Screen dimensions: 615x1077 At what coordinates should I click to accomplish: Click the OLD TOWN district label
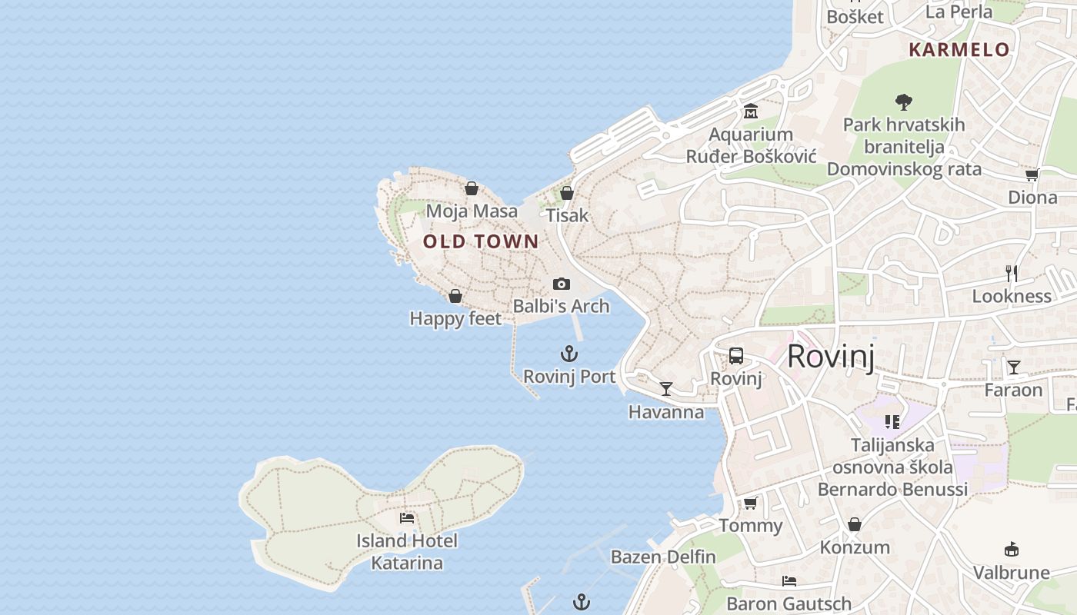tap(481, 241)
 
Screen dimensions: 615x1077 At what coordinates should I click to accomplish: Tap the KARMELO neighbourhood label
tap(959, 50)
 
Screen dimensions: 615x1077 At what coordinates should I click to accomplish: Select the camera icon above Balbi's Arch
tap(562, 284)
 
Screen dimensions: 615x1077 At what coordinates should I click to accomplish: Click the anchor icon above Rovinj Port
tap(569, 354)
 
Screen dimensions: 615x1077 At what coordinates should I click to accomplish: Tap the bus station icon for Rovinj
tap(736, 355)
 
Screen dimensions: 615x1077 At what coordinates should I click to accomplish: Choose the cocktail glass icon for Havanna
tap(666, 389)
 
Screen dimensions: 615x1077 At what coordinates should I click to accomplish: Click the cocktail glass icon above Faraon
tap(1014, 367)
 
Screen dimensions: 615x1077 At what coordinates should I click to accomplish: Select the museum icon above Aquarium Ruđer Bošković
tap(751, 111)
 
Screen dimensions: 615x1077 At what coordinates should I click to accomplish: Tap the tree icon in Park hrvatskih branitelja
tap(904, 101)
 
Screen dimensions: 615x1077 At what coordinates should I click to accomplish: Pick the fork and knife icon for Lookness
tap(1012, 273)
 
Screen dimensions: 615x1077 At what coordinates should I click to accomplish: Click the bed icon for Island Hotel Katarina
tap(407, 518)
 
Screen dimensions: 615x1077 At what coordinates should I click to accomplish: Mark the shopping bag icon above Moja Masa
tap(472, 188)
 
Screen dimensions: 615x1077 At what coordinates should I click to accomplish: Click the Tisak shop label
tap(567, 215)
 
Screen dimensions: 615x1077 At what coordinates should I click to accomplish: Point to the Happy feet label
tap(455, 318)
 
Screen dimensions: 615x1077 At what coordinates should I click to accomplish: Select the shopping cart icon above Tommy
tap(750, 503)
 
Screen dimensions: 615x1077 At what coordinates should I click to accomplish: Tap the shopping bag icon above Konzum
tap(854, 524)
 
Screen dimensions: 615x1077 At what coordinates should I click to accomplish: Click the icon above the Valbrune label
tap(1012, 550)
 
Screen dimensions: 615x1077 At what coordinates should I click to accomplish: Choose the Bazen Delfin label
tap(663, 557)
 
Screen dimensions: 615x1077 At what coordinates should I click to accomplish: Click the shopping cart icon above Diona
tap(1032, 175)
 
